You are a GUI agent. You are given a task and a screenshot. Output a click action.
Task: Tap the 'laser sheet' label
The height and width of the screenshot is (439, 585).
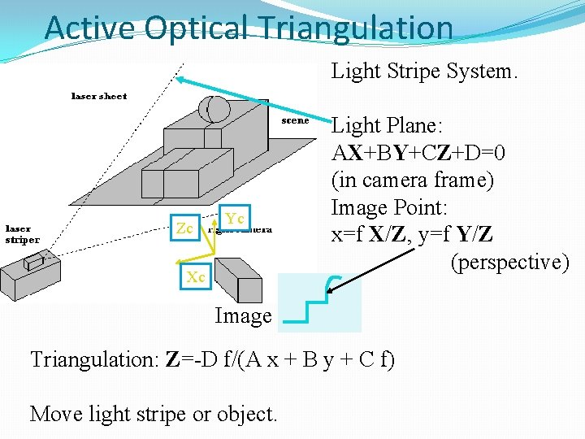(x=99, y=96)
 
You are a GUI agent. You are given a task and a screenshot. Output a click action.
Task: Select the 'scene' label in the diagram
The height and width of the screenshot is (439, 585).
(x=295, y=120)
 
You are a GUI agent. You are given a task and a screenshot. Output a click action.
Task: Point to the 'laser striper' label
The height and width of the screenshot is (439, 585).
(x=23, y=234)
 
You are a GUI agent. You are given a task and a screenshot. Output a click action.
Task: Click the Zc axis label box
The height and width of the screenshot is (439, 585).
(x=185, y=228)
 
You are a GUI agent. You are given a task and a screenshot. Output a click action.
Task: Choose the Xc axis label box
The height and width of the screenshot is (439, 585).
(x=195, y=276)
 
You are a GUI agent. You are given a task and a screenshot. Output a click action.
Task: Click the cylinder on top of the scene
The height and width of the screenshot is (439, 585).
(x=214, y=109)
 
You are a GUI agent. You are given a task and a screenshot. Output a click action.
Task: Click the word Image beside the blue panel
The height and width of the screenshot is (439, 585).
(x=243, y=315)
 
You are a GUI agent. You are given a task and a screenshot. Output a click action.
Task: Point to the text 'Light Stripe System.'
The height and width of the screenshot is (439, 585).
(x=423, y=72)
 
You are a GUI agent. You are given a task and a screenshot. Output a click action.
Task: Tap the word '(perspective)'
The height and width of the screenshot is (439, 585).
(x=509, y=263)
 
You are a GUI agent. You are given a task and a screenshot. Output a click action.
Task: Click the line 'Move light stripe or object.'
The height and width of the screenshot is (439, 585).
(x=154, y=414)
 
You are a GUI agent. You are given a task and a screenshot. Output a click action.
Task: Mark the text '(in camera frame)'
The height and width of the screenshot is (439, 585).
(x=413, y=180)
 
